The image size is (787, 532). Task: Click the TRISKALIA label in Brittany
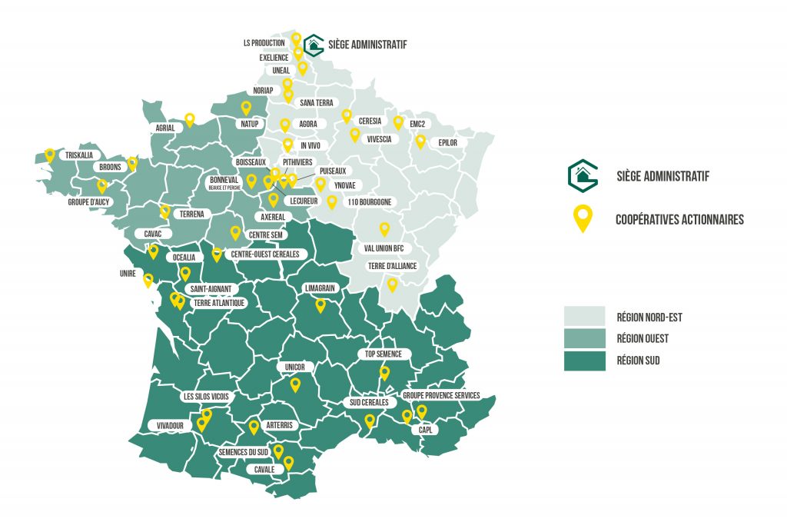click(79, 155)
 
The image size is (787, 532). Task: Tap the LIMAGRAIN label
click(320, 288)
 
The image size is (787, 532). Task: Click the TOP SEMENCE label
click(384, 354)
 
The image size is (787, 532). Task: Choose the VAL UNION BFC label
click(384, 248)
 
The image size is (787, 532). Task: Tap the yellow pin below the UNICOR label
click(295, 385)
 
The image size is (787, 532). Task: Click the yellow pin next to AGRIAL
click(189, 119)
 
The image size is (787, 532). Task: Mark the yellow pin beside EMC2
click(398, 122)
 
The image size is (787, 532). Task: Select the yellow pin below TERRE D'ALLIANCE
click(392, 284)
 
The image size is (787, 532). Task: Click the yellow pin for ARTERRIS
click(254, 427)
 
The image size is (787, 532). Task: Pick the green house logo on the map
click(313, 45)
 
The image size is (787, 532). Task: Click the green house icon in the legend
click(583, 175)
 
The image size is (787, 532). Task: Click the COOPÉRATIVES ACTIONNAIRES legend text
click(679, 220)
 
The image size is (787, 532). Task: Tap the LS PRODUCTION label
click(264, 43)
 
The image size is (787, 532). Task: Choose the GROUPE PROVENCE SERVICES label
click(441, 396)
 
